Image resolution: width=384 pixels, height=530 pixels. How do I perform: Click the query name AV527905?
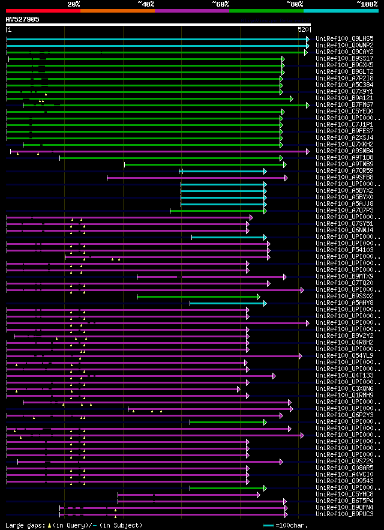point(23,19)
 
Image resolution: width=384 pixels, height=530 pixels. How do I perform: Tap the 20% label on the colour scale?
point(73,4)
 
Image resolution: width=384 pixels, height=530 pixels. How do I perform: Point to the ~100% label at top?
point(367,4)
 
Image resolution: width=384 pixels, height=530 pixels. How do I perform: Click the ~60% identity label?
point(220,4)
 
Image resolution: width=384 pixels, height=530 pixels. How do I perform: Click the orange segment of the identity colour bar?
point(118,11)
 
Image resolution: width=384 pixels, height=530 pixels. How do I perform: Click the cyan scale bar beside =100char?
point(268,525)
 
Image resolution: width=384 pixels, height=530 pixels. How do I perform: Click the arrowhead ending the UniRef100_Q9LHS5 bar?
point(308,38)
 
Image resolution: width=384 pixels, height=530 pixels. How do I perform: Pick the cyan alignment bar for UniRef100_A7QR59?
point(223,171)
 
